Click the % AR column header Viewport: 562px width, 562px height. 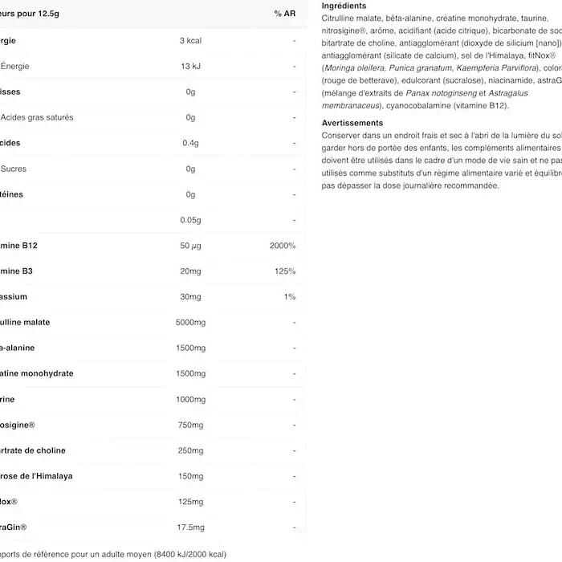coord(284,14)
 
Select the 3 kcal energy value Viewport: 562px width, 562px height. coord(190,40)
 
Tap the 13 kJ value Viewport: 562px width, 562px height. coord(190,66)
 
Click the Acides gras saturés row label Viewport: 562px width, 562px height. coord(37,117)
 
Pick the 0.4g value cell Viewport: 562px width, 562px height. coord(190,143)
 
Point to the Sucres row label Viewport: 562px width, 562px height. coord(14,169)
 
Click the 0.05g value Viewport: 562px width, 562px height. coord(190,220)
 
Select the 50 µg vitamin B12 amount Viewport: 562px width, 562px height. coord(190,246)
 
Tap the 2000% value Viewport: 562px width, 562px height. coord(283,246)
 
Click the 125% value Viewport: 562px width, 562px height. coord(284,271)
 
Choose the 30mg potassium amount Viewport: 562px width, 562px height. coord(190,297)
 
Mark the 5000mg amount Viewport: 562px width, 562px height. coord(190,323)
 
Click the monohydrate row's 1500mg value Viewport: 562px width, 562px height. coord(190,373)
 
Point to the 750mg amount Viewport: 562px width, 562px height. coord(190,425)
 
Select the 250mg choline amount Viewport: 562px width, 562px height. coord(190,450)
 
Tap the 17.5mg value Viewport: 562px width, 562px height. coord(190,527)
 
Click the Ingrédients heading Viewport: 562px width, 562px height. coord(344,6)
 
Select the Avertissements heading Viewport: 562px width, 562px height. coord(352,123)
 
